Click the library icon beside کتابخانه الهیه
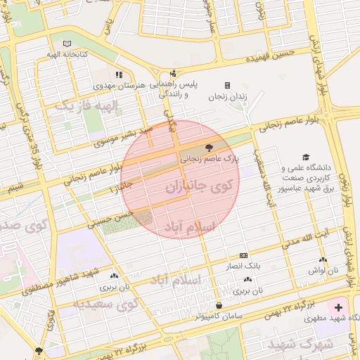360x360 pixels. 67,44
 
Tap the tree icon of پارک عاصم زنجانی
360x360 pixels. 207,148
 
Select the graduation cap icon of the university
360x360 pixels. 305,157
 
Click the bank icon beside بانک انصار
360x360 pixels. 243,255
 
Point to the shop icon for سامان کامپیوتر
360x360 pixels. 220,305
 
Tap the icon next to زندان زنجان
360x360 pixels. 226,85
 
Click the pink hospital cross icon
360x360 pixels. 339,307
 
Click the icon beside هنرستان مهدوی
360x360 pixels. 119,74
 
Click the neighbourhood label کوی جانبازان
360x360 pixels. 199,188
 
